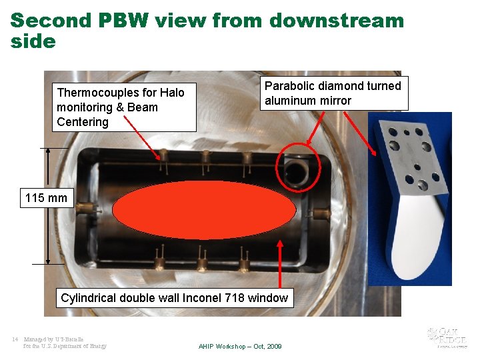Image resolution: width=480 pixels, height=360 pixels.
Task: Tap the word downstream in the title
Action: [x=336, y=20]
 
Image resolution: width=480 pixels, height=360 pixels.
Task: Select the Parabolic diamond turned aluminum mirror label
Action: [x=333, y=93]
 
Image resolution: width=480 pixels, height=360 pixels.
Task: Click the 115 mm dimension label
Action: [x=46, y=198]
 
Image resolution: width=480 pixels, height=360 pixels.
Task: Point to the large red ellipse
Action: [x=204, y=210]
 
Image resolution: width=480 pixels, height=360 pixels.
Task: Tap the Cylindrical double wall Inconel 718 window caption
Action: [x=174, y=298]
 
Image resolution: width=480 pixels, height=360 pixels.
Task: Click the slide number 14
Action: [x=15, y=339]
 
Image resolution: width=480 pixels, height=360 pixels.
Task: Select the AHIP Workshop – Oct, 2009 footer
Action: [x=240, y=347]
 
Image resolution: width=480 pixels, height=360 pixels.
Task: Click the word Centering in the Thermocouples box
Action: [x=83, y=122]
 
